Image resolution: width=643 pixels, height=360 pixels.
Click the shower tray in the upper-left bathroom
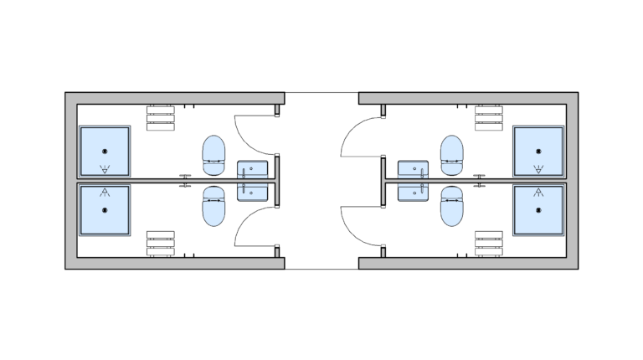click(105, 152)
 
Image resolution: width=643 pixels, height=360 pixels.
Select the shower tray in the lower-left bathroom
click(105, 210)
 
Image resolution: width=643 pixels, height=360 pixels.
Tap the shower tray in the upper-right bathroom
click(538, 152)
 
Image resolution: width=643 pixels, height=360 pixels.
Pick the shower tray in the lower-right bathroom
click(538, 210)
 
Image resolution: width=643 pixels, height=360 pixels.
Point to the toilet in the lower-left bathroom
click(214, 207)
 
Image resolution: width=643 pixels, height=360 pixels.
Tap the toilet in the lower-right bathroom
click(452, 207)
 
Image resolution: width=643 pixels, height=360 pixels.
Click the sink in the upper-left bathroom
click(253, 170)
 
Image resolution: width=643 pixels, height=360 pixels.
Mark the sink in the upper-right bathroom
click(413, 170)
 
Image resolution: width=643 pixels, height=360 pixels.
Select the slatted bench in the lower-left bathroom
click(160, 244)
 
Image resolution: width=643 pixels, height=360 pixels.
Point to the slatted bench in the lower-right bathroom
click(489, 244)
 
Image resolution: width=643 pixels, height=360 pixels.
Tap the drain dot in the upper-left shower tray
click(105, 151)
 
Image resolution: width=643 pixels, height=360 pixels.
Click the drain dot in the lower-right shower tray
click(538, 210)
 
